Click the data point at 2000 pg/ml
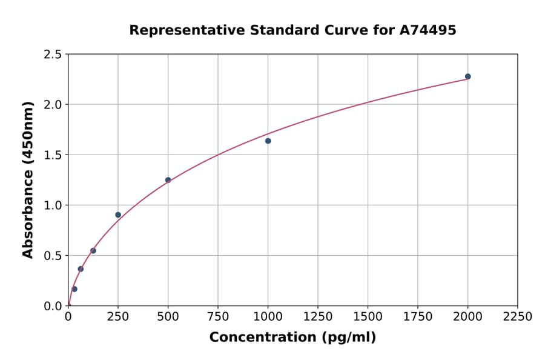tap(467, 76)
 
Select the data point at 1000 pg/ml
tap(268, 141)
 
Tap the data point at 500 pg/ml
tap(168, 180)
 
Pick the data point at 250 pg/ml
tap(118, 215)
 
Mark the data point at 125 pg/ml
tap(93, 250)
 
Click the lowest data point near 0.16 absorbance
tap(74, 289)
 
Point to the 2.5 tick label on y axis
tap(53, 55)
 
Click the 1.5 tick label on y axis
tap(53, 155)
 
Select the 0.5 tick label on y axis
tap(53, 256)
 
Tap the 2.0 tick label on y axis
tap(53, 105)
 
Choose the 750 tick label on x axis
tap(218, 317)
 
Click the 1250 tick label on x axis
tap(318, 317)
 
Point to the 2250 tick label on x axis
tap(518, 317)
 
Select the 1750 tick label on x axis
tap(418, 317)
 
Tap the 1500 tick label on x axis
tap(368, 317)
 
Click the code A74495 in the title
tap(428, 30)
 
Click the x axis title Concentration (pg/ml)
tap(292, 338)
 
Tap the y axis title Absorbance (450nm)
tap(28, 180)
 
